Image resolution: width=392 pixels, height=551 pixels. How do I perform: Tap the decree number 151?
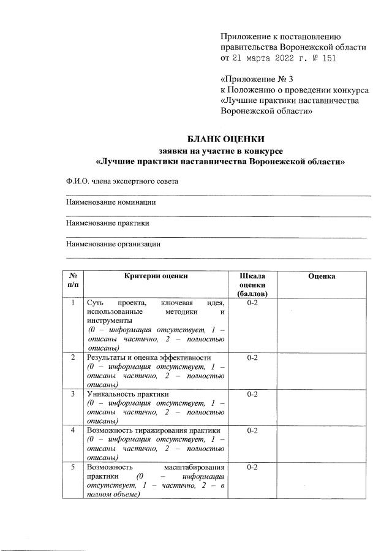click(327, 58)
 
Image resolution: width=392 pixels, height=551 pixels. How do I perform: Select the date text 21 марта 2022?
click(261, 58)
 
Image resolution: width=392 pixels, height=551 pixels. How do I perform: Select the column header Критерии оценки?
click(156, 276)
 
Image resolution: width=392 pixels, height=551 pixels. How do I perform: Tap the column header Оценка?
click(322, 276)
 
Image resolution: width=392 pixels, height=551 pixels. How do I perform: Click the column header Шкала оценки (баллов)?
click(252, 285)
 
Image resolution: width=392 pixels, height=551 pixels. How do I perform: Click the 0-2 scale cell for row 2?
click(252, 357)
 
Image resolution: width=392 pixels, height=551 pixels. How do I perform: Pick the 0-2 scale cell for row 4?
click(252, 431)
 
